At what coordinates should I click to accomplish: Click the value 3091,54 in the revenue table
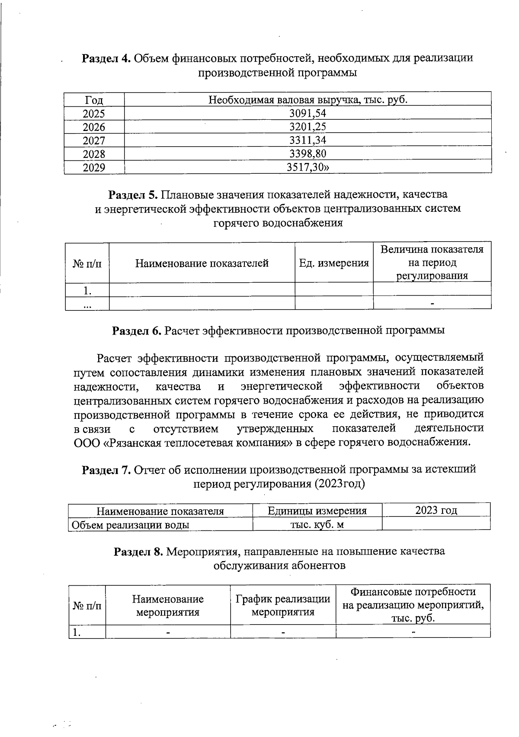point(308,113)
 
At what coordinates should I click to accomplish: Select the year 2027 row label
point(94,140)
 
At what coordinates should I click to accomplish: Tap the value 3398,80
point(308,153)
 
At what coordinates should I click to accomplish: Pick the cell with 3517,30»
point(308,167)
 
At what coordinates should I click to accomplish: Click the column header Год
point(94,100)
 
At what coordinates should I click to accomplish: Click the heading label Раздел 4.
point(106,58)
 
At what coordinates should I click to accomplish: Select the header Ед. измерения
point(334,263)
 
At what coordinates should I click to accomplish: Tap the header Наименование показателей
point(202,263)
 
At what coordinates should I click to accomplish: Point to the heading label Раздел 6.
point(137,331)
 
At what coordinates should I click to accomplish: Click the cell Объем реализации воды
point(130,525)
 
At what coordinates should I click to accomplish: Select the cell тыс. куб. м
point(317,524)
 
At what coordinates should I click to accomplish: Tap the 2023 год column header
point(436,510)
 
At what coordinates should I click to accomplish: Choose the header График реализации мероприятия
point(283,605)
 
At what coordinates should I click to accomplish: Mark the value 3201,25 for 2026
point(308,127)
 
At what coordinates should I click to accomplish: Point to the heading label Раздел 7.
point(106,469)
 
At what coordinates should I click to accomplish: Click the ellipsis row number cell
point(87,304)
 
